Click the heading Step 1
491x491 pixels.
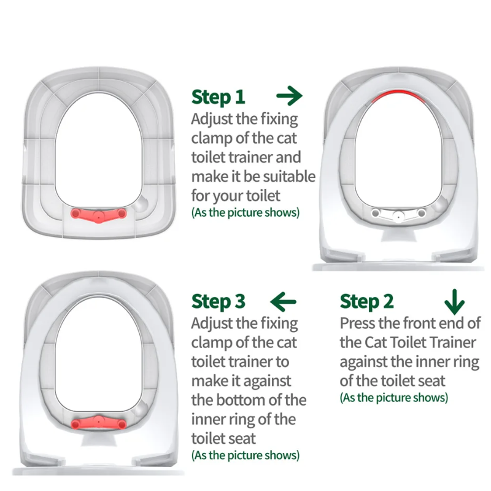pos(218,97)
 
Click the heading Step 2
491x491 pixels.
pos(366,301)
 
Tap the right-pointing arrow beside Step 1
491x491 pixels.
pos(289,96)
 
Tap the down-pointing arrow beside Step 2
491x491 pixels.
pos(454,301)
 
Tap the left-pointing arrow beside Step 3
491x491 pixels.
pos(283,301)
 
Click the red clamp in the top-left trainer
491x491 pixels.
pos(98,214)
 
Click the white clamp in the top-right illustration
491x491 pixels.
pos(398,214)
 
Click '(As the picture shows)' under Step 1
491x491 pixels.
pos(245,212)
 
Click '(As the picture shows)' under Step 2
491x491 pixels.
pos(394,397)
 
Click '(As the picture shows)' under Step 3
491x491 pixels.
pos(245,455)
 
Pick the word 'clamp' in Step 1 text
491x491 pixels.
pos(212,138)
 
